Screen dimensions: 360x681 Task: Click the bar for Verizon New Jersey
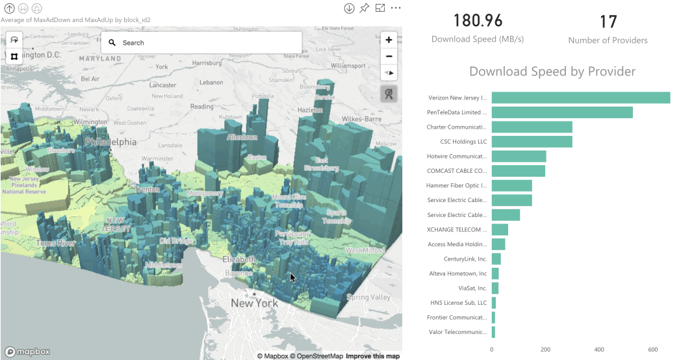pyautogui.click(x=580, y=97)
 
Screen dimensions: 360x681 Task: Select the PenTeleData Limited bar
pyautogui.click(x=561, y=112)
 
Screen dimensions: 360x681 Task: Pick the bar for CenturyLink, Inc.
pyautogui.click(x=496, y=259)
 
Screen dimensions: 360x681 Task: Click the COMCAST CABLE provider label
pyautogui.click(x=457, y=171)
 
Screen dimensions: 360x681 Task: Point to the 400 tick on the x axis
pyautogui.click(x=599, y=349)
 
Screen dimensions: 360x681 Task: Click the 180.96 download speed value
pyautogui.click(x=478, y=21)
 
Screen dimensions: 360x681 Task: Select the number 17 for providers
pyautogui.click(x=608, y=22)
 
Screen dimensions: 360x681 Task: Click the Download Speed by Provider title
pyautogui.click(x=552, y=71)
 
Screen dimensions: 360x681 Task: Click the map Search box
pyautogui.click(x=201, y=43)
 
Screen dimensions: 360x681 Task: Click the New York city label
pyautogui.click(x=254, y=303)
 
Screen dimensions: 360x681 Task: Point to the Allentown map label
pyautogui.click(x=242, y=137)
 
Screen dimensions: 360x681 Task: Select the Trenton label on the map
pyautogui.click(x=147, y=189)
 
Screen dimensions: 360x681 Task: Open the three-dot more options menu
pyautogui.click(x=395, y=8)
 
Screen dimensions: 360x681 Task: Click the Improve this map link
pyautogui.click(x=372, y=356)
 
